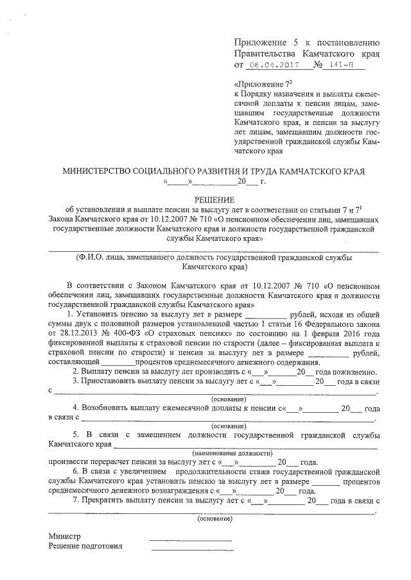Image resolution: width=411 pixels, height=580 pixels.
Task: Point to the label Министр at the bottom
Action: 65,535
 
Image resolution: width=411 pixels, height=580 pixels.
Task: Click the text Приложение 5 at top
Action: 264,42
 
